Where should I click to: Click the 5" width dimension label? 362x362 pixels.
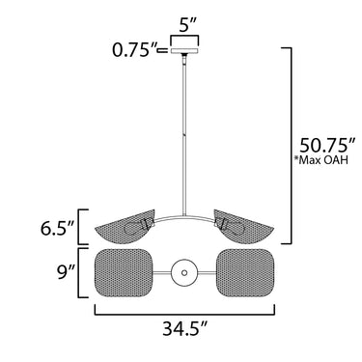coord(187,26)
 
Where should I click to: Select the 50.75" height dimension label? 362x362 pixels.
coord(327,145)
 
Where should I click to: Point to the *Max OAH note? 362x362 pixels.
coord(320,160)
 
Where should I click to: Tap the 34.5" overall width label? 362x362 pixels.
coord(183,329)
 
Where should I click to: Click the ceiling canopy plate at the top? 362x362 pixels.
coord(184,50)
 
